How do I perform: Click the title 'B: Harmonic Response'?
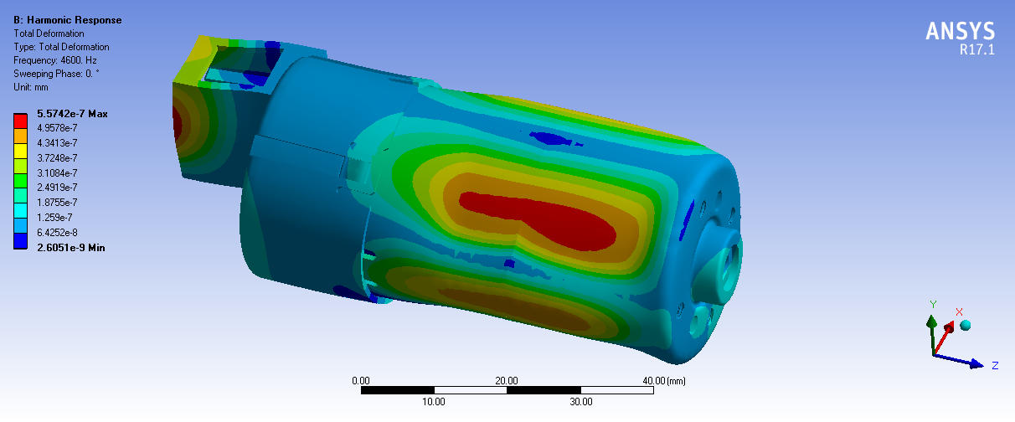tap(68, 20)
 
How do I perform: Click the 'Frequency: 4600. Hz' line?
tap(54, 60)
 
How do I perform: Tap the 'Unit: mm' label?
tap(30, 87)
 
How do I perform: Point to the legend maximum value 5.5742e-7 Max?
tap(72, 114)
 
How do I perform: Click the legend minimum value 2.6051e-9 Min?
tap(70, 248)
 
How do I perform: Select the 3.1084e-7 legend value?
tap(57, 173)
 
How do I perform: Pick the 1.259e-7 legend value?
tap(54, 218)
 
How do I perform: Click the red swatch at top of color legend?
tap(20, 121)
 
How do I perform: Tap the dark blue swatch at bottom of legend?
tap(20, 241)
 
